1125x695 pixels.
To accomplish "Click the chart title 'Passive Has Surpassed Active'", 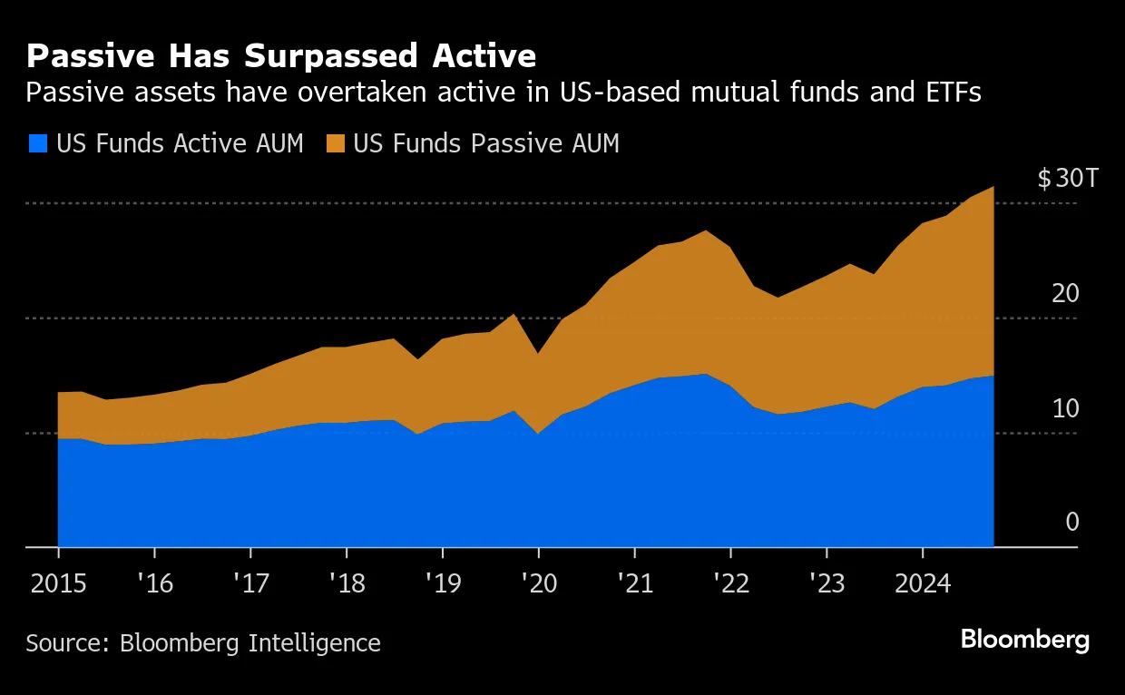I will (281, 56).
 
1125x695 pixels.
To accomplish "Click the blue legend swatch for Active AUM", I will (38, 143).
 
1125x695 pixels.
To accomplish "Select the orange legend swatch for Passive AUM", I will (336, 143).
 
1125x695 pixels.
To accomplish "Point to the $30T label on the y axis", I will (1068, 179).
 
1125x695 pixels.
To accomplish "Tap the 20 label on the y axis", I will (1066, 293).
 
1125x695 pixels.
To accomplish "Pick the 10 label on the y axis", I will (1066, 408).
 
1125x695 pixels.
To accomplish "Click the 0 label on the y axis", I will (1072, 522).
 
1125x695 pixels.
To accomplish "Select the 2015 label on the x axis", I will (58, 581).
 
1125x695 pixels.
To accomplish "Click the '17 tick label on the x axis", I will (249, 581).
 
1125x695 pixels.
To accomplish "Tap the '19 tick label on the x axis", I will (442, 581).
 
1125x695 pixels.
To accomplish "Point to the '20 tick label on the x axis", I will (538, 581).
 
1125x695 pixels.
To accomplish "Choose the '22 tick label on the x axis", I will (729, 581).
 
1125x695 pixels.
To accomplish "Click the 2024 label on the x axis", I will (922, 581).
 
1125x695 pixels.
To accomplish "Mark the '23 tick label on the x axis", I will (826, 581).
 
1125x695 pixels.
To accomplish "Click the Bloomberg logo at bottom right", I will (1024, 640).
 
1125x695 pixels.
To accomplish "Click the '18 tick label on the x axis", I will (346, 581).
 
